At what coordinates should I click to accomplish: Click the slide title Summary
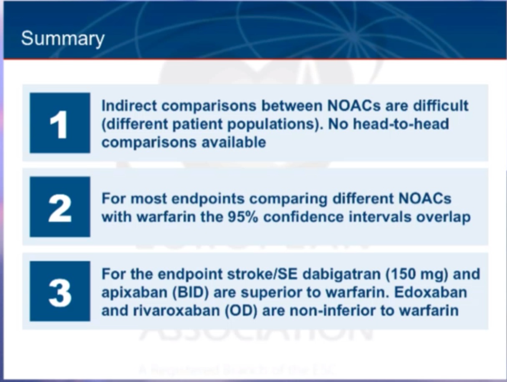coord(63,39)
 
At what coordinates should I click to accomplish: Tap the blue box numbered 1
coord(60,123)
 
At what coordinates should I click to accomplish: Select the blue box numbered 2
coord(60,207)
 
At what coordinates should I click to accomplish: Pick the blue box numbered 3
coord(60,291)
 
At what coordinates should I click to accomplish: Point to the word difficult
coord(441,106)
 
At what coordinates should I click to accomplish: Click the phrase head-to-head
coord(401,124)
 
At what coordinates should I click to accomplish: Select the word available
coord(234,142)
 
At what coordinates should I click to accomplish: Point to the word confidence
coord(303,217)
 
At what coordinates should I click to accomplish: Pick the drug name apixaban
coord(134,293)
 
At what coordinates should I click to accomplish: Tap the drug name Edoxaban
coord(430,292)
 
